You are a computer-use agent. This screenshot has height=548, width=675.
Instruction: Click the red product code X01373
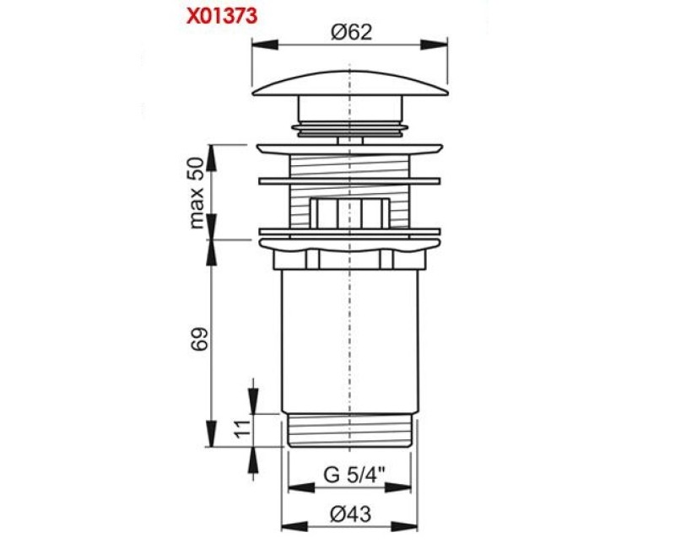pyautogui.click(x=222, y=16)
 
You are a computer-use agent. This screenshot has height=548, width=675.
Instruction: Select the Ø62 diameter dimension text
pyautogui.click(x=351, y=32)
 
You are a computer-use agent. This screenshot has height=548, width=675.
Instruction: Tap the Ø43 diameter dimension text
pyautogui.click(x=351, y=513)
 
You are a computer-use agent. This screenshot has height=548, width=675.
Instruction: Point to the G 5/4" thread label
pyautogui.click(x=354, y=475)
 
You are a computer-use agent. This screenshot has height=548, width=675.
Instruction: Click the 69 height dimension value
pyautogui.click(x=200, y=339)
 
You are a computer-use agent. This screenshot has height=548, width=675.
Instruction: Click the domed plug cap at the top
pyautogui.click(x=350, y=83)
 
